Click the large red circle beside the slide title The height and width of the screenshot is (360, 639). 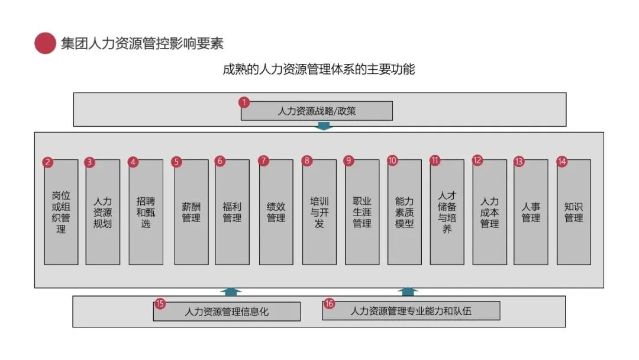click(45, 43)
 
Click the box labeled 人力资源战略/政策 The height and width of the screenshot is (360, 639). click(317, 111)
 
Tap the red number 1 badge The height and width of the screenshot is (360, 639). click(244, 102)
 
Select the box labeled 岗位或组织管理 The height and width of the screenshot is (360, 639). click(61, 212)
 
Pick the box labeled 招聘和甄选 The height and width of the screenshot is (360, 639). click(146, 212)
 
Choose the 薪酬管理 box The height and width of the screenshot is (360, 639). click(191, 212)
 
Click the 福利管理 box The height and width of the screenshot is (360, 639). click(232, 212)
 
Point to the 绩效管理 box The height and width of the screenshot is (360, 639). click(276, 212)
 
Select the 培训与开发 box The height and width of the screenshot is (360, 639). click(319, 212)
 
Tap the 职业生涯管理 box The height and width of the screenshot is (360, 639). click(362, 212)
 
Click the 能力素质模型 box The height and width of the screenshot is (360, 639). click(405, 212)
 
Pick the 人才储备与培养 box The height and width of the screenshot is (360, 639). click(447, 212)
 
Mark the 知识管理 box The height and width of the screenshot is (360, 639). click(574, 212)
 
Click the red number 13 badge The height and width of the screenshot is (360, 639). click(519, 161)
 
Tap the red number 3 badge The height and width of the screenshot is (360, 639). click(89, 161)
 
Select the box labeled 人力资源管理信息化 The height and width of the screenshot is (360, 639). click(227, 311)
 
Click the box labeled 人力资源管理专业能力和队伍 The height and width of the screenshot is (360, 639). click(411, 311)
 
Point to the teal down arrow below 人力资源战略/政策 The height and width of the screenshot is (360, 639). click(324, 126)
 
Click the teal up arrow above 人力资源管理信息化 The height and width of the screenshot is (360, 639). click(231, 291)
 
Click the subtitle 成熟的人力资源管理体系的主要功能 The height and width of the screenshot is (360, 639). click(318, 69)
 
